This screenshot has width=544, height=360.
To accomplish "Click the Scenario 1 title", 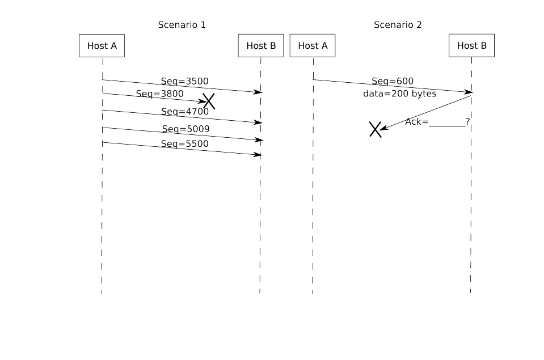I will click(182, 25).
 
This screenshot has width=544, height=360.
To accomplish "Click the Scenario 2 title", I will click(398, 25).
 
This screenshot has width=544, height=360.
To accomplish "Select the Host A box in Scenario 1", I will click(102, 46).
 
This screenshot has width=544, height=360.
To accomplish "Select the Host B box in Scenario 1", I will click(261, 46).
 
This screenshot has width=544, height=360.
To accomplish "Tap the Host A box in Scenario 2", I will click(313, 46).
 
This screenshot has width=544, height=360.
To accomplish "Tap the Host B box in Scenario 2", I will click(471, 46).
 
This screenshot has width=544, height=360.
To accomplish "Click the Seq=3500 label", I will click(184, 82).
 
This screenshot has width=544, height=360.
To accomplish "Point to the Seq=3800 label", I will click(159, 94).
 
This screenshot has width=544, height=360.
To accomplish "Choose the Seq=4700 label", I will click(184, 112).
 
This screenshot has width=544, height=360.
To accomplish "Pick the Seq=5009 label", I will click(185, 129).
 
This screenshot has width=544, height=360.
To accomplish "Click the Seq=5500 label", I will click(184, 144).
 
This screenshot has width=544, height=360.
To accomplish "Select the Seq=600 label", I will click(393, 81).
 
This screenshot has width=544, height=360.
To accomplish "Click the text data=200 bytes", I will click(400, 94).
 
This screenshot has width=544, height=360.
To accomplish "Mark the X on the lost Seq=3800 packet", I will click(209, 101).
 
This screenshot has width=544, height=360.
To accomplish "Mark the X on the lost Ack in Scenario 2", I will click(375, 129).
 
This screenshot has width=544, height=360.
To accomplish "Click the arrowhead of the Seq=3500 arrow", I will click(259, 92).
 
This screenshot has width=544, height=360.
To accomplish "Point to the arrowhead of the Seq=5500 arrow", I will click(259, 154).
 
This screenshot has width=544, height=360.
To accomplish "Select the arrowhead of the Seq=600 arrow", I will click(469, 92).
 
